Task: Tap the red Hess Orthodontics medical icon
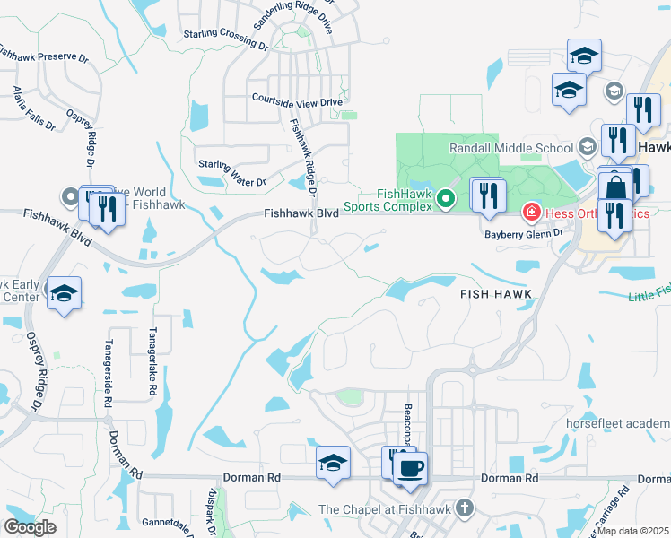click(x=531, y=212)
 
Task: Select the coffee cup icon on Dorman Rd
click(x=411, y=467)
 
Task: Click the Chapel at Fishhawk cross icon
click(x=464, y=508)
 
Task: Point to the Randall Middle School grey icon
click(x=587, y=147)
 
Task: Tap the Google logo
click(x=30, y=527)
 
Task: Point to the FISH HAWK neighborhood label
click(x=496, y=294)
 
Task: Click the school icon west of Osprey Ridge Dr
click(x=64, y=293)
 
